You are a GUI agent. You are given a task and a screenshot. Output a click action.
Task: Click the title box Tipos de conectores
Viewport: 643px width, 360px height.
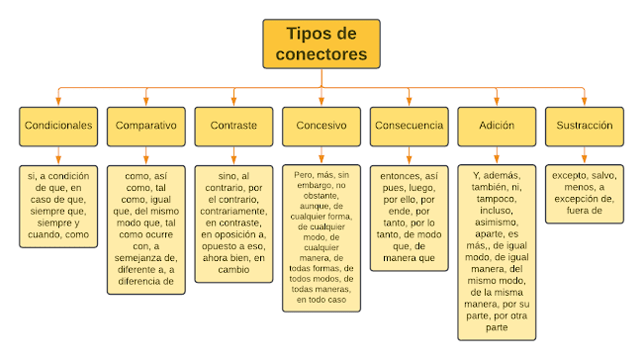click(x=321, y=45)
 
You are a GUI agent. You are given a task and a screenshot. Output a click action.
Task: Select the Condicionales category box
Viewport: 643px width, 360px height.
click(x=58, y=127)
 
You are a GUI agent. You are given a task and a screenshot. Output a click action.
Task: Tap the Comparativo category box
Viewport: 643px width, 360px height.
click(x=146, y=127)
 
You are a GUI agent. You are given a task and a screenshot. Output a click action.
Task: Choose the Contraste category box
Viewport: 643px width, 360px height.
click(x=233, y=127)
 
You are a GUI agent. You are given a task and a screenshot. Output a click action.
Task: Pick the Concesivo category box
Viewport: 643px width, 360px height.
click(x=321, y=127)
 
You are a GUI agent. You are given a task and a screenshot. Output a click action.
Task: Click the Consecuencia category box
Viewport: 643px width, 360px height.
click(x=409, y=127)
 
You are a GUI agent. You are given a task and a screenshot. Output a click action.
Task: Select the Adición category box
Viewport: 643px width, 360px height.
click(x=496, y=127)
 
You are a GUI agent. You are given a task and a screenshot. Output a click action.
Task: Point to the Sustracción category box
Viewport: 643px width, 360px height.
click(x=584, y=127)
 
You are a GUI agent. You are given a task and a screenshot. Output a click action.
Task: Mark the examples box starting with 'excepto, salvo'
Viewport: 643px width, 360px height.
click(x=584, y=192)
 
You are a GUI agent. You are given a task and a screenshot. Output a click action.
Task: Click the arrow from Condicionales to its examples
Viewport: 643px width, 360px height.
click(x=58, y=155)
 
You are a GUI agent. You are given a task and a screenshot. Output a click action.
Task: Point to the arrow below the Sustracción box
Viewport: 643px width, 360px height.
click(x=584, y=155)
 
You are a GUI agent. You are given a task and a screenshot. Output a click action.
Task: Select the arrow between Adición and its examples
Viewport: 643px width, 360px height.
click(x=496, y=155)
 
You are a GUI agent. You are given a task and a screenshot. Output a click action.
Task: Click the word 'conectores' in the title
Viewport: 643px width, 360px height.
click(x=321, y=55)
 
